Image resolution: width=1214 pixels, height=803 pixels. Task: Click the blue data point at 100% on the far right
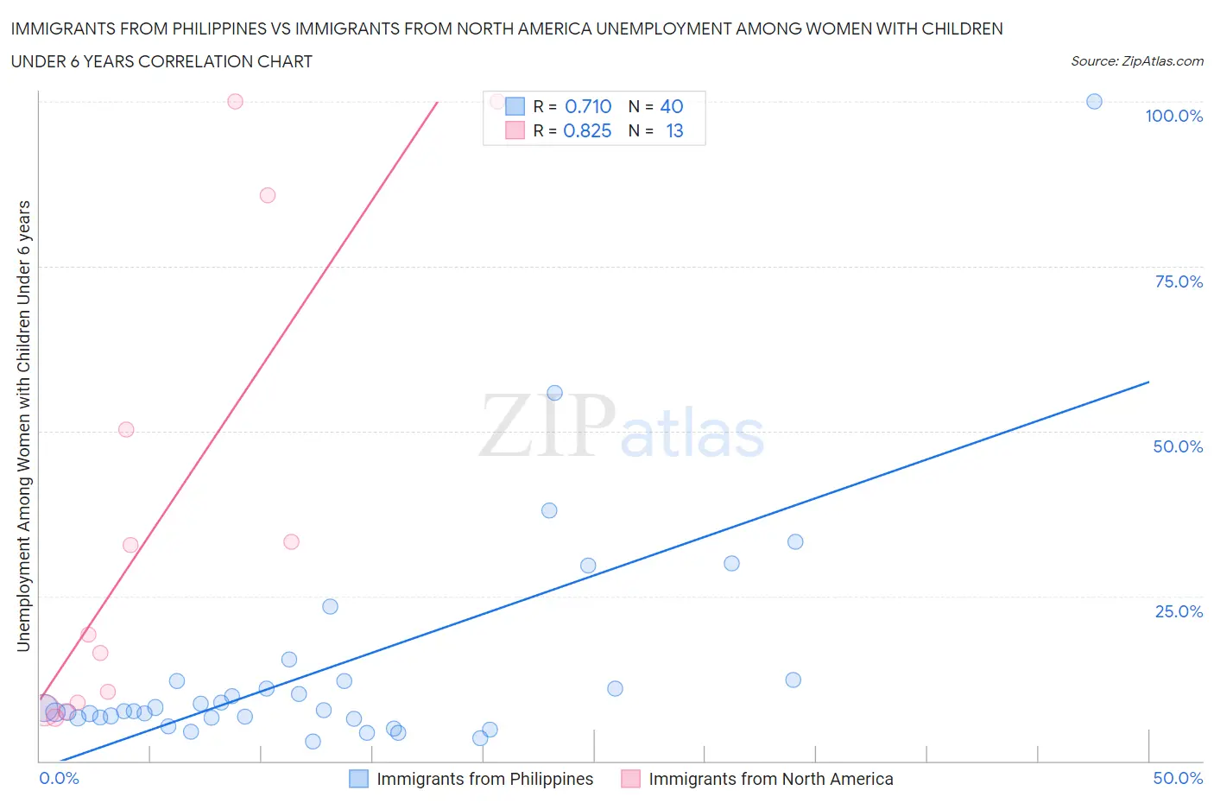[x=1094, y=101]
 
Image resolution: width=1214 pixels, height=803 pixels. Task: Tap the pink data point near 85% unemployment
[x=268, y=195]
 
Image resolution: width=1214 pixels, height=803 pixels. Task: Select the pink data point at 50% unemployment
[x=126, y=429]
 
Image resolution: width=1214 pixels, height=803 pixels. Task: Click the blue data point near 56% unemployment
[x=554, y=393]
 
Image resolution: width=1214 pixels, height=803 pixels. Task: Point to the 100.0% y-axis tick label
[x=1173, y=116]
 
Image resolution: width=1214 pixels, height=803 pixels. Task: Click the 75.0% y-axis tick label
[x=1179, y=281]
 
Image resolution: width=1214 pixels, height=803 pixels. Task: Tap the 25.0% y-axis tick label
[x=1179, y=611]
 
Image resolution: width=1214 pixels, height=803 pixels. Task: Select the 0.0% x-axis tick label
[x=59, y=778]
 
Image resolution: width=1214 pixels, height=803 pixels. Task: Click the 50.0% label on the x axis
[x=1178, y=778]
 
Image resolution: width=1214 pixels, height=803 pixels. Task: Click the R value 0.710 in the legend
[x=588, y=106]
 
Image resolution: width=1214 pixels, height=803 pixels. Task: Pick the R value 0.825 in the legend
[x=587, y=130]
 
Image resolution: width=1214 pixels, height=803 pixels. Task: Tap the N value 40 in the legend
[x=671, y=106]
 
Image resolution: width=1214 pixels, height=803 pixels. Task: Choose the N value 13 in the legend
[x=674, y=130]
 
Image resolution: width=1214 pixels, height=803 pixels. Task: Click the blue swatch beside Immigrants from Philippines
[x=358, y=779]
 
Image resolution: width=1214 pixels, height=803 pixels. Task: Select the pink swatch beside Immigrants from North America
[x=630, y=779]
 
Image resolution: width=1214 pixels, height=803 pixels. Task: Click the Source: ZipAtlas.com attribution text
[x=1136, y=60]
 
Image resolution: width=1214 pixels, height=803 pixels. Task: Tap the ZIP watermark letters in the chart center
[x=547, y=426]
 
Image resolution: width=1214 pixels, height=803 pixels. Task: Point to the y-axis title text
[x=23, y=426]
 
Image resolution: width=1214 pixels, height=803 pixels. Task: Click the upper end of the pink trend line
[x=438, y=103]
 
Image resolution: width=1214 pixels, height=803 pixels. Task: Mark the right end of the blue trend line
[x=1148, y=382]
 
